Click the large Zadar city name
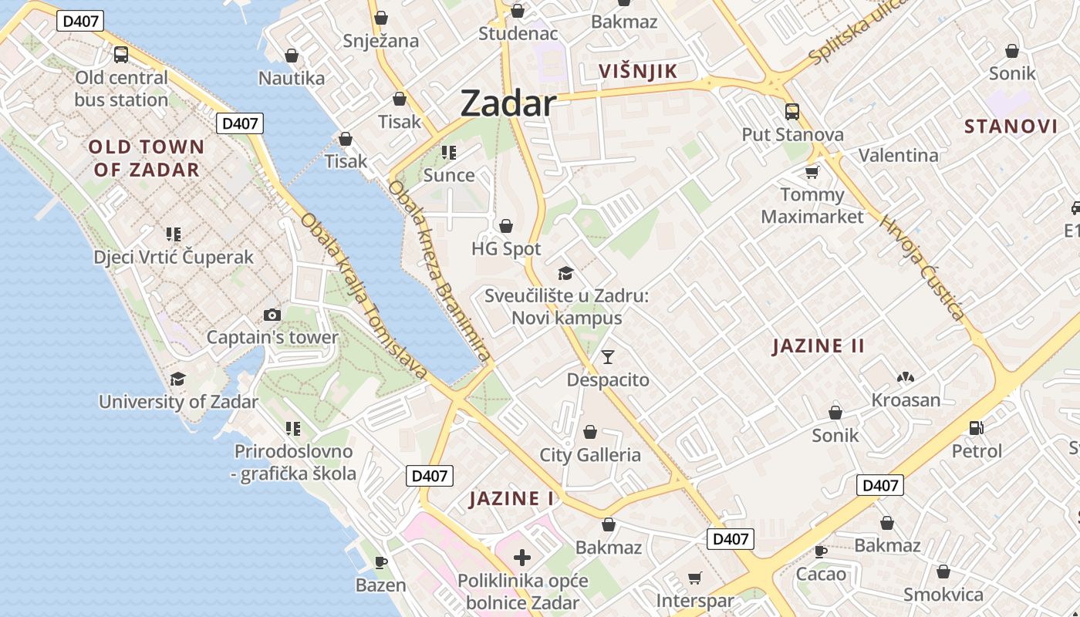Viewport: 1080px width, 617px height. tap(508, 103)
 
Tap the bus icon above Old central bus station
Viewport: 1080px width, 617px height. tap(121, 55)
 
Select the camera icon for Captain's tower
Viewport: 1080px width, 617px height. tap(272, 315)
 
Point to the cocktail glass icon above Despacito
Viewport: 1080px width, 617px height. tap(608, 356)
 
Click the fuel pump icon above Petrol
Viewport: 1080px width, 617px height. tap(976, 428)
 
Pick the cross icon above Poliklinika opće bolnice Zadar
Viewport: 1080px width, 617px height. tap(522, 557)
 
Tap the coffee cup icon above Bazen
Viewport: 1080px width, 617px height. tap(380, 562)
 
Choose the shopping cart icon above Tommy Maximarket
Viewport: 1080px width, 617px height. tap(812, 171)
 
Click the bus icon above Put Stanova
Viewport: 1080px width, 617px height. tap(792, 112)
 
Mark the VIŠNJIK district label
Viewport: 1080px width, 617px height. tap(638, 72)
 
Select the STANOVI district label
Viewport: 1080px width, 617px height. tap(1011, 126)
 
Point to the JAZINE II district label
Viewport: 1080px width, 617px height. tap(818, 346)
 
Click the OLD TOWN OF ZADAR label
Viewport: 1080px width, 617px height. tap(147, 158)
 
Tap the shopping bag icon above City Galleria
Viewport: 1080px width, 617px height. tap(590, 432)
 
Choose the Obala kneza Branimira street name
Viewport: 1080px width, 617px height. tap(439, 270)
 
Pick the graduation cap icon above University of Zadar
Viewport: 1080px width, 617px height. tap(178, 379)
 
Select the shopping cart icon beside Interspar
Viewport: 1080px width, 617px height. tap(695, 578)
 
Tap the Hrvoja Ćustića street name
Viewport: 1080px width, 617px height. tap(923, 267)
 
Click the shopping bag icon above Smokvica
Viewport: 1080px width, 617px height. tap(943, 572)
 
